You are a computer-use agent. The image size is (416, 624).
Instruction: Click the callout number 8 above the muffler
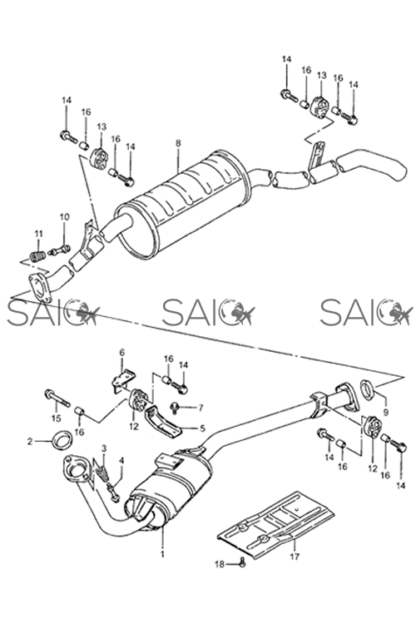(x=178, y=143)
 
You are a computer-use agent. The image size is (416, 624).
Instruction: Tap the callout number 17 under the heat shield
(x=295, y=557)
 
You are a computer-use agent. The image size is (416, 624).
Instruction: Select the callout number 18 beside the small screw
(x=220, y=564)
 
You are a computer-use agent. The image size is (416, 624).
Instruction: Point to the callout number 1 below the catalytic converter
(x=162, y=554)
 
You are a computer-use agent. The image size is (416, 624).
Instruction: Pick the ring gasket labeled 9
(x=367, y=389)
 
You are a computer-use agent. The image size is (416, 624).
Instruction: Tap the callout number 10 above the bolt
(x=65, y=217)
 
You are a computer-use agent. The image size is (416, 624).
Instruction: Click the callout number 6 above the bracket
(x=121, y=352)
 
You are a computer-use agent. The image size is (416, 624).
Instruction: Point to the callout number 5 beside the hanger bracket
(x=202, y=428)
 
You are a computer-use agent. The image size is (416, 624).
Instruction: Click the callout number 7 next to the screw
(x=201, y=408)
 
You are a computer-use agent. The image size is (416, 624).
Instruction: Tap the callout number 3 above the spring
(x=104, y=448)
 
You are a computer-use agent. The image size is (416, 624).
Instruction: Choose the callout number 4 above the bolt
(x=121, y=460)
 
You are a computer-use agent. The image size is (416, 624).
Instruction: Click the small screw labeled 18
(x=242, y=562)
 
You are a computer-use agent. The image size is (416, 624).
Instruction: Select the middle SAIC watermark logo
(x=209, y=312)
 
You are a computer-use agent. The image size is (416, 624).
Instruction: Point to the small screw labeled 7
(x=175, y=407)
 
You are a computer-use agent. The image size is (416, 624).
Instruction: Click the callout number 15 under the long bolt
(x=56, y=418)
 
